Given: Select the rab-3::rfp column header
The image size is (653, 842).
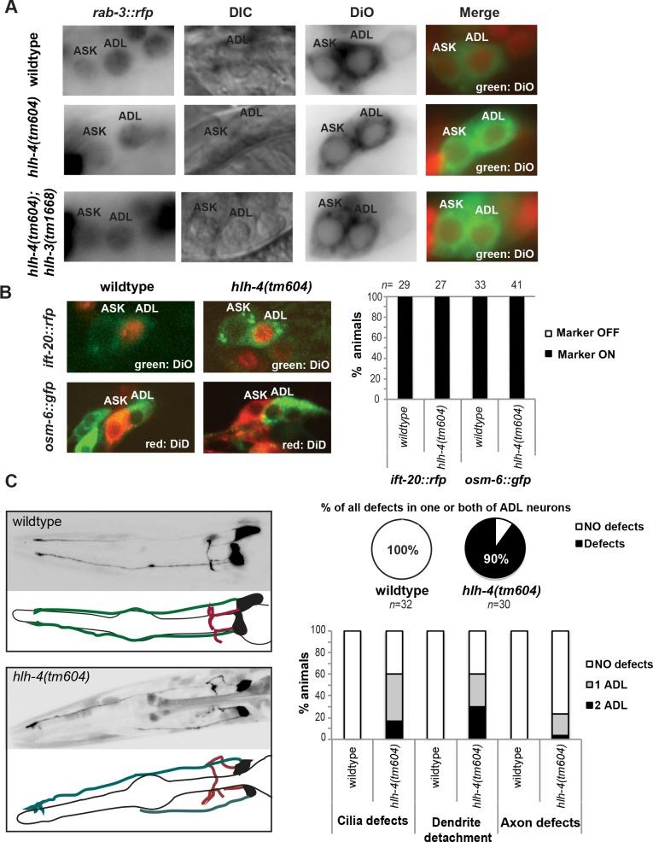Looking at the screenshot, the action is (x=119, y=14).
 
